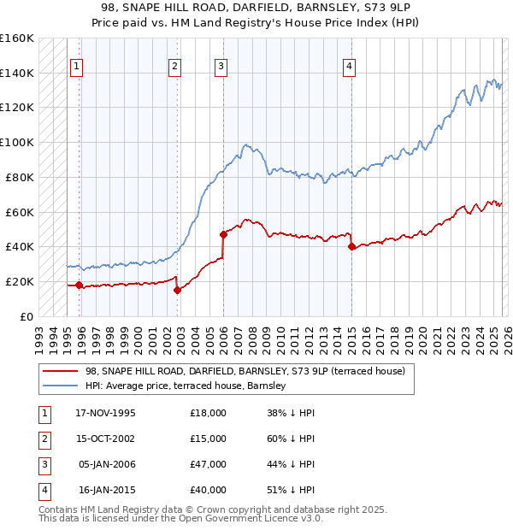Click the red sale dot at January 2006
(223, 233)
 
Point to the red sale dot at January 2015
(351, 246)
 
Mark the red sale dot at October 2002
(178, 290)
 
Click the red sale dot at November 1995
(80, 285)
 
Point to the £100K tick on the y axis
(17, 142)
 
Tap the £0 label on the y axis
(26, 316)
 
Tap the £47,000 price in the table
(209, 464)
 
